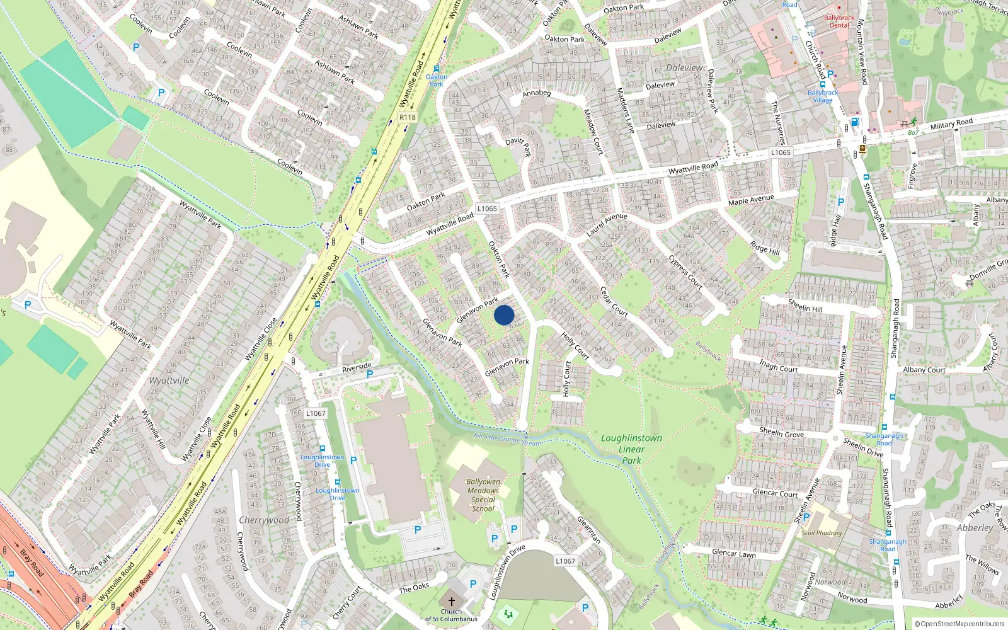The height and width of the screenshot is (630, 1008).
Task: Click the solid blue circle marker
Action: (x=504, y=315)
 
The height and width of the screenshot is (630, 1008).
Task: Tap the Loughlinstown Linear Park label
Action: (x=631, y=449)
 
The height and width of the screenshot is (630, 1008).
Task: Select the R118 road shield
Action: (x=408, y=117)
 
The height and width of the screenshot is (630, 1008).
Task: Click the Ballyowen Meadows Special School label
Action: (x=483, y=495)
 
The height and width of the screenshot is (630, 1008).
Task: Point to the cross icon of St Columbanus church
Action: (x=451, y=602)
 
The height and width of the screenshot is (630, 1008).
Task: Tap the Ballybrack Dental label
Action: (x=839, y=21)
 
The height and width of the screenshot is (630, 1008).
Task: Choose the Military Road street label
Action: (x=951, y=123)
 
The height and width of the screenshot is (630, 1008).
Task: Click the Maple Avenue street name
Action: (x=751, y=200)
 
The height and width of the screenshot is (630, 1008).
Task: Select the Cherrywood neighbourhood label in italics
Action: (x=264, y=520)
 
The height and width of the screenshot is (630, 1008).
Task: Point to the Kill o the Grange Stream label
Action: (x=507, y=439)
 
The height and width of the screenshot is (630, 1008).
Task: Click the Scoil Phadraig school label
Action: (x=822, y=533)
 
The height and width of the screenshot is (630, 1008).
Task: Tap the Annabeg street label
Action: (x=537, y=93)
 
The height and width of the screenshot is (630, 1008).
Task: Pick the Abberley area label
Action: (x=975, y=528)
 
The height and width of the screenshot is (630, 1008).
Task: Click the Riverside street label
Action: (x=357, y=367)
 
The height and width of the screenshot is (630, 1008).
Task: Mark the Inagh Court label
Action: (x=778, y=365)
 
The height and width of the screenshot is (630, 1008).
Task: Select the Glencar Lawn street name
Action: (x=733, y=553)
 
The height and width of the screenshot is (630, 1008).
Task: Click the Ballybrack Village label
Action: (x=823, y=96)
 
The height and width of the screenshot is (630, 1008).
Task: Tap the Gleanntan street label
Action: (x=589, y=529)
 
